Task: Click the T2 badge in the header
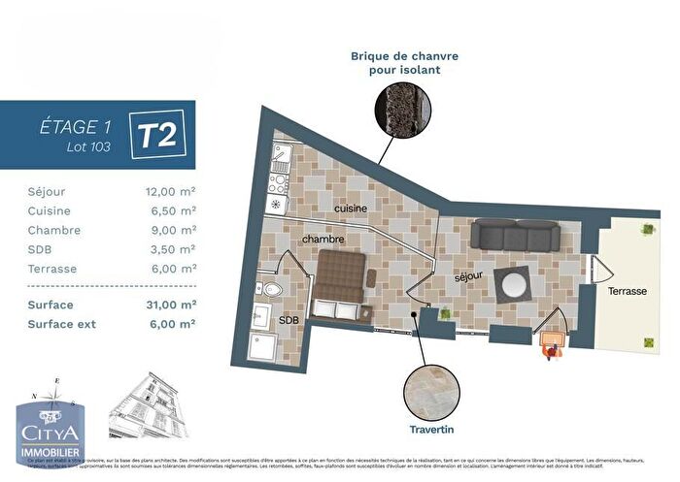[158, 136]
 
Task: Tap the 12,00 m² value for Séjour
[170, 192]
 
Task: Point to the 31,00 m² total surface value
[170, 305]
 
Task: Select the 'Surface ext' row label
[61, 324]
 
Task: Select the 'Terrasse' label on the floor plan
[629, 291]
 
